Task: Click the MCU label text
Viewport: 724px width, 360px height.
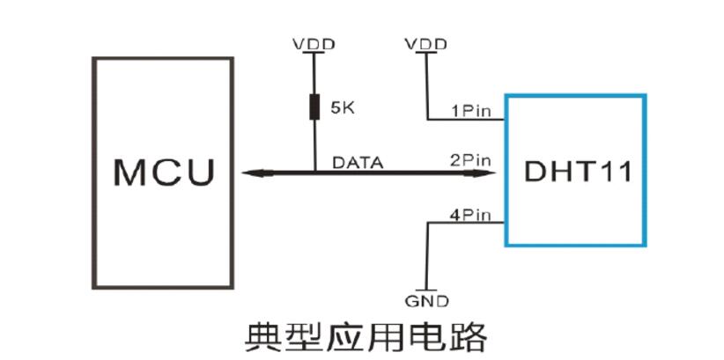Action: click(164, 171)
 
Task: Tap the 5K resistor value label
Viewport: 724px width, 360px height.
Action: click(342, 108)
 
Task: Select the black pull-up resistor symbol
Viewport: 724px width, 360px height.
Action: click(314, 108)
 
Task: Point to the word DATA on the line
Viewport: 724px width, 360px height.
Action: click(357, 162)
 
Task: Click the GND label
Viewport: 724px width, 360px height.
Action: click(427, 301)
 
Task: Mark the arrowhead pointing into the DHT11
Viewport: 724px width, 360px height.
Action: click(486, 172)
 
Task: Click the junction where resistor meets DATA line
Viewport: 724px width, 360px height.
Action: click(314, 172)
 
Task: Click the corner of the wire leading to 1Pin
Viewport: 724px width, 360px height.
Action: click(426, 119)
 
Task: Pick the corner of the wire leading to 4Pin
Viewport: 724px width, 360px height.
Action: click(427, 223)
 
